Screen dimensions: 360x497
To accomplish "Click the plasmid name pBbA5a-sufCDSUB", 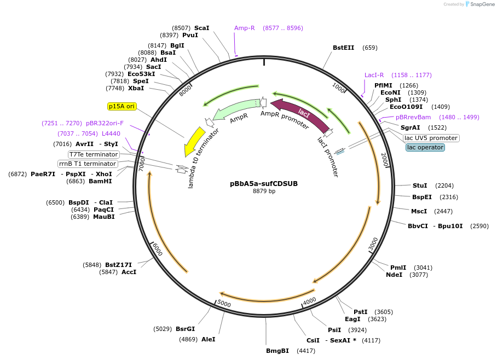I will [264, 184].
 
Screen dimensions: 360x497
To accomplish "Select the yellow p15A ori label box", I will [122, 106].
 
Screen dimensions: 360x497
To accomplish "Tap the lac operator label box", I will [425, 147].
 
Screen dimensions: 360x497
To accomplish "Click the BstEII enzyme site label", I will [344, 48].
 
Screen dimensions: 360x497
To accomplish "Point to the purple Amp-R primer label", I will [245, 28].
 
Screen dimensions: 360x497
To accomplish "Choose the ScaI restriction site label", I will [202, 28].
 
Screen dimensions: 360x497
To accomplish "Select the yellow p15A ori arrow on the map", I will [194, 141].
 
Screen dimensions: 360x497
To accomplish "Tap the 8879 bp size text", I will [264, 191].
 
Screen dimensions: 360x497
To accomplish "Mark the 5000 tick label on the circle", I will [224, 303].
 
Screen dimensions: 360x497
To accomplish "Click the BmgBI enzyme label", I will [278, 351].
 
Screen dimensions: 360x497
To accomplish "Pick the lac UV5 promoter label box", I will [431, 138].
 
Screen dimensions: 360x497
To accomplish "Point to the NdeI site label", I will [394, 275].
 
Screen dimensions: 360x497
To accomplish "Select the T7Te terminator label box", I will [94, 154].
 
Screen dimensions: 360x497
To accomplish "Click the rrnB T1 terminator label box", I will [88, 164].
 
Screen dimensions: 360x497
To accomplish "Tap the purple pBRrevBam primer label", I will [413, 117].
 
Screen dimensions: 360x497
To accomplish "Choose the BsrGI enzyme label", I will [185, 329].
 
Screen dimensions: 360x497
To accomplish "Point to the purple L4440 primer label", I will [111, 133].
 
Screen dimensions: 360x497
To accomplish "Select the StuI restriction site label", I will [420, 185].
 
